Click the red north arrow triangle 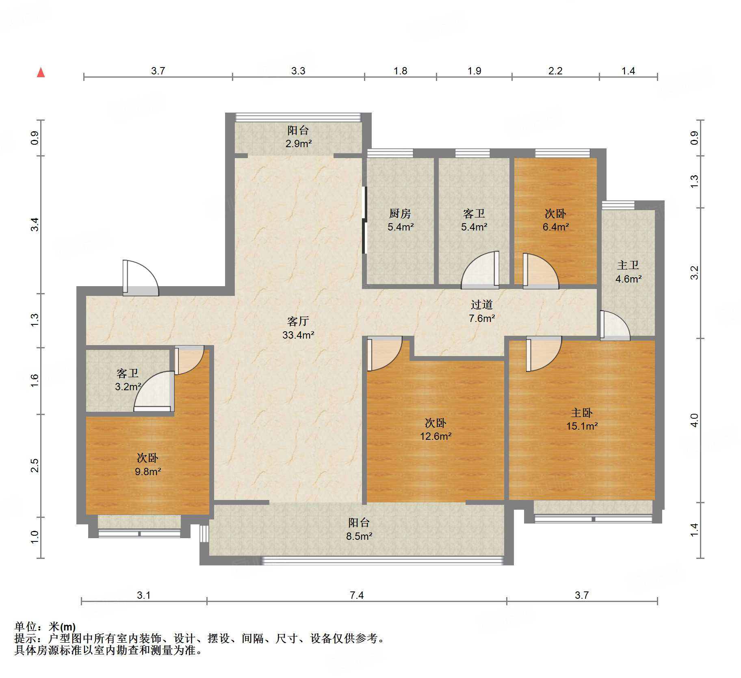point(41,72)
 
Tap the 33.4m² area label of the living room point(298,335)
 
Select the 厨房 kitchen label point(400,213)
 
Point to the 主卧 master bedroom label point(582,413)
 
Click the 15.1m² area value point(582,426)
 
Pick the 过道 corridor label point(482,305)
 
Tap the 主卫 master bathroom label point(628,265)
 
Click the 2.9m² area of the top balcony point(299,144)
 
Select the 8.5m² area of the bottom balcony point(359,537)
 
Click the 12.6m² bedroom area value point(436,437)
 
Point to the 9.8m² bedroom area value point(148,472)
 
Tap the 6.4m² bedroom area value point(556,227)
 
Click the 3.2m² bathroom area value point(128,387)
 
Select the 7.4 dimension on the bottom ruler point(357,595)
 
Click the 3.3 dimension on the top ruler point(298,71)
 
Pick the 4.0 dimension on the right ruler point(694,420)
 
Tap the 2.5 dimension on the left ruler point(35,466)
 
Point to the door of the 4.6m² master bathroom point(615,326)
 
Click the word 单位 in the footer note point(25,627)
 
